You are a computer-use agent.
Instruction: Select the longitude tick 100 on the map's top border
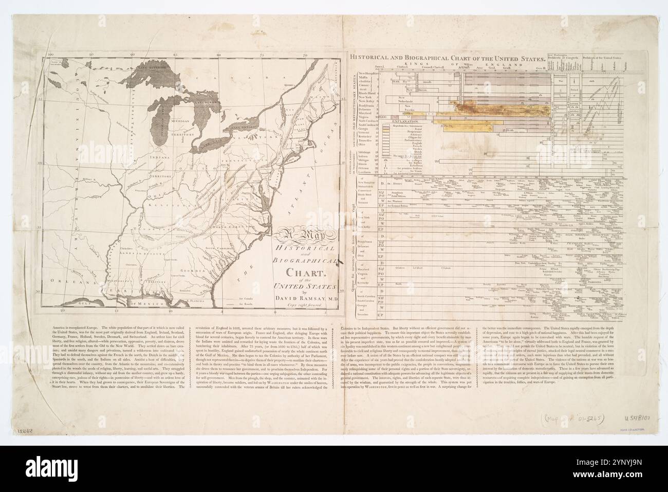click(x=50, y=53)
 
